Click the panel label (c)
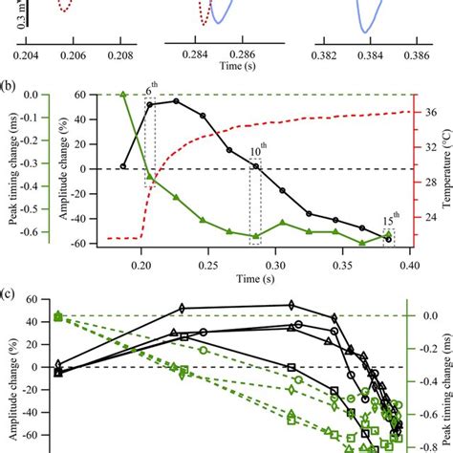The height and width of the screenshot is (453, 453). [x=11, y=290]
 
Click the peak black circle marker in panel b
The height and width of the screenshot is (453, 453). [x=176, y=100]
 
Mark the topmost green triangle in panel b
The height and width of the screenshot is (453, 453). [x=123, y=94]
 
